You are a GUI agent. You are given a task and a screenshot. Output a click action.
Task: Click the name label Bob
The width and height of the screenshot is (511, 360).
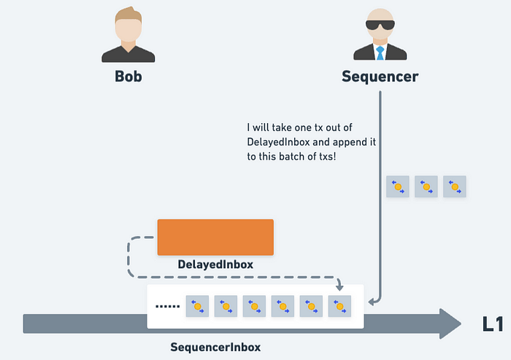(128, 76)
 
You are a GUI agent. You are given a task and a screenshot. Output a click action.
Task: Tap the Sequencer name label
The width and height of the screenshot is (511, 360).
(380, 76)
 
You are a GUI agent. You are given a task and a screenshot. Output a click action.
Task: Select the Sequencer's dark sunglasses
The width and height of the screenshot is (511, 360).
(380, 26)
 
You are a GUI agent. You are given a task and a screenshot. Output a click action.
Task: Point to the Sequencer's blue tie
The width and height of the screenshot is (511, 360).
(380, 52)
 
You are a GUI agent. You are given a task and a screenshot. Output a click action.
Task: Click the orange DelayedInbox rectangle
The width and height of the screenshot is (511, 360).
(215, 237)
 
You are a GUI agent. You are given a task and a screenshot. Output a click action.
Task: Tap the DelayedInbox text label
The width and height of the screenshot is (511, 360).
(215, 265)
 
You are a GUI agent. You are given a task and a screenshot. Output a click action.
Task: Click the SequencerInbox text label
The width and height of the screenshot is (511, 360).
(215, 347)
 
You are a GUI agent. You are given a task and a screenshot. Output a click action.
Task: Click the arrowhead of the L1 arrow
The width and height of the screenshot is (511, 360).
(449, 323)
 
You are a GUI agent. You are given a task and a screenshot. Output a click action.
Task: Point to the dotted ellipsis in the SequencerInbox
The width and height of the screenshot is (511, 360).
(168, 306)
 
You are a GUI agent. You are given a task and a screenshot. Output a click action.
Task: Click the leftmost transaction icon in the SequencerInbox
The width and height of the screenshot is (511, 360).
(197, 306)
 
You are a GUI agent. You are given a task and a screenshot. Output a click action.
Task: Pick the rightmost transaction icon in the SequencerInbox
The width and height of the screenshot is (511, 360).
(339, 306)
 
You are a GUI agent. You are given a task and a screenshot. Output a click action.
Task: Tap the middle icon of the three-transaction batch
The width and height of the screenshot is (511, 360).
(426, 187)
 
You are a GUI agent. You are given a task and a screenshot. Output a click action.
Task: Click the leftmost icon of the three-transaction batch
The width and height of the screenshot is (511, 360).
(397, 187)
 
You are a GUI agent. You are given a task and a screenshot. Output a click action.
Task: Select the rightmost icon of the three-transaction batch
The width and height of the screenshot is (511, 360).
(454, 187)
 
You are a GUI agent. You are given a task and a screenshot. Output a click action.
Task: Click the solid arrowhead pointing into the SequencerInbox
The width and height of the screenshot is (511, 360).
(372, 301)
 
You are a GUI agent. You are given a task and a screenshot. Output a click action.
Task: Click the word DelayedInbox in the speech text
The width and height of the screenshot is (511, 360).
(280, 141)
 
